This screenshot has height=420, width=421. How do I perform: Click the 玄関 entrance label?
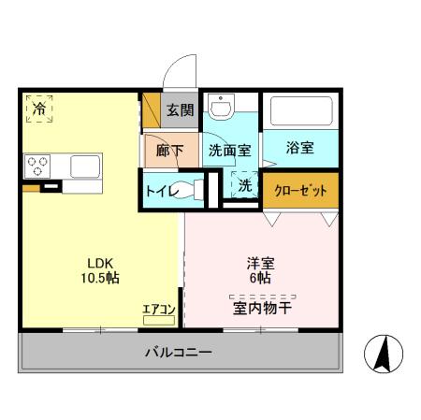(x=180, y=110)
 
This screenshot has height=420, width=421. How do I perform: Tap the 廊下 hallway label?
(x=169, y=150)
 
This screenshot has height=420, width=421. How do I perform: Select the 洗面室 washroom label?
(x=227, y=150)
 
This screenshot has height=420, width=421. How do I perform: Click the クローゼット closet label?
(x=300, y=191)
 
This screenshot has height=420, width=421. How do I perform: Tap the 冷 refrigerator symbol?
(x=38, y=109)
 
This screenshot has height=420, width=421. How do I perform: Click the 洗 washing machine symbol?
(x=244, y=185)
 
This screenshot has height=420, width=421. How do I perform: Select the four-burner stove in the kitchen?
(x=38, y=166)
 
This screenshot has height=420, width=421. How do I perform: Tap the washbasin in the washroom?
(x=221, y=109)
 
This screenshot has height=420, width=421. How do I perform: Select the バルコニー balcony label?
(x=178, y=353)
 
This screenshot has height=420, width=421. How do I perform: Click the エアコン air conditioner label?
(x=158, y=309)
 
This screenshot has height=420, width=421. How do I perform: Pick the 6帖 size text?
(x=260, y=279)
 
